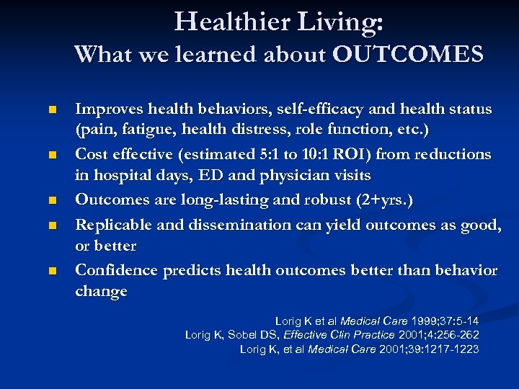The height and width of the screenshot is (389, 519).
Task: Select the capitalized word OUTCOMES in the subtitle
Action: coord(408,55)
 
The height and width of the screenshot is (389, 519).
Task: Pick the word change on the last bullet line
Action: coord(101,292)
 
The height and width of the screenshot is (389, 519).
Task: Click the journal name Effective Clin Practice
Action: coord(340,335)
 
